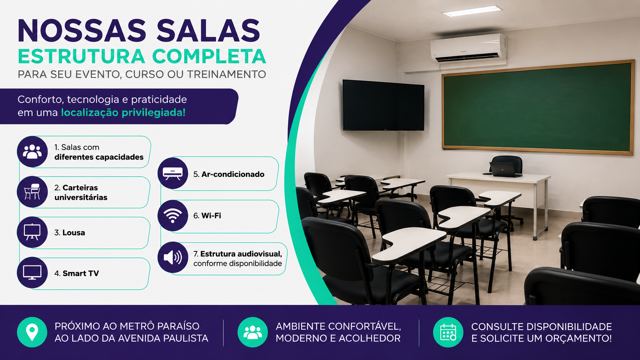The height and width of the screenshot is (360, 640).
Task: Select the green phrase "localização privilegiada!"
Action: [x=123, y=113]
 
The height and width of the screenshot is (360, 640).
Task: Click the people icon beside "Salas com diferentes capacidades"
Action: [x=32, y=151]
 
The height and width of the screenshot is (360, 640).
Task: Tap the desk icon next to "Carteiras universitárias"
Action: [x=32, y=192]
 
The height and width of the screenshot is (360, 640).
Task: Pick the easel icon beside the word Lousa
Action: [x=32, y=232]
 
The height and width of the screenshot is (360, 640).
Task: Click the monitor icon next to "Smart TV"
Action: [x=32, y=272]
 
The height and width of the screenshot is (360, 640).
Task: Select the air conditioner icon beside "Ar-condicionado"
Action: [x=173, y=173]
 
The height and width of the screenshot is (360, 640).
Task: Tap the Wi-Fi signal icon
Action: [x=173, y=215]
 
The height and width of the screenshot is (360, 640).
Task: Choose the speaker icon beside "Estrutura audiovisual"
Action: [x=173, y=257]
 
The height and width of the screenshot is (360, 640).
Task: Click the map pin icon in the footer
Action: [x=32, y=332]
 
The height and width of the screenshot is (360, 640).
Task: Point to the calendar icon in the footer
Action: [x=448, y=332]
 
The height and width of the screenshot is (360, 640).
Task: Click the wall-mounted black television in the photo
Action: [x=384, y=105]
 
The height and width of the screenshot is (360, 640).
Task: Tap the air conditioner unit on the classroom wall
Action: [x=469, y=48]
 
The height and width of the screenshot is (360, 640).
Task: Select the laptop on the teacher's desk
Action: [x=503, y=169]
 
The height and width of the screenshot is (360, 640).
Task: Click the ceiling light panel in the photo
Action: [x=472, y=11]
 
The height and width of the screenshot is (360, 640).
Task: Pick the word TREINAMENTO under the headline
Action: [x=227, y=75]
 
